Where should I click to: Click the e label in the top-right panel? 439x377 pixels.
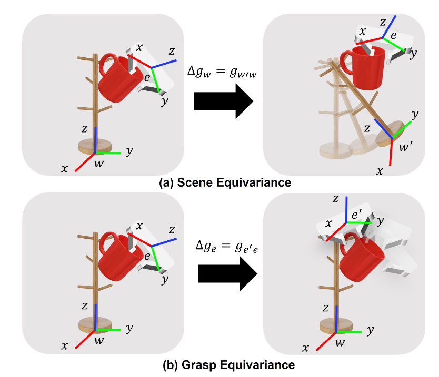[393, 36]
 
